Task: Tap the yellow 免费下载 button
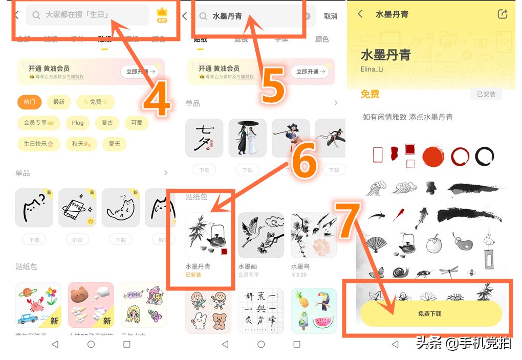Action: pyautogui.click(x=430, y=313)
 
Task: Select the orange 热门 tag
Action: pyautogui.click(x=29, y=102)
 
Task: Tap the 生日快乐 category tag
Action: pyautogui.click(x=38, y=144)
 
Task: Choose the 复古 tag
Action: pyautogui.click(x=107, y=123)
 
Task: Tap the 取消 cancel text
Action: pyautogui.click(x=331, y=16)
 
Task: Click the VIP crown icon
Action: pyautogui.click(x=162, y=15)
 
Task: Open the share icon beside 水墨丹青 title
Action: pyautogui.click(x=503, y=14)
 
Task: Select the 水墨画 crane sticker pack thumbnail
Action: pyautogui.click(x=261, y=235)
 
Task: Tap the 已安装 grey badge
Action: pyautogui.click(x=486, y=94)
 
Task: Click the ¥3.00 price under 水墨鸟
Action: pyautogui.click(x=299, y=275)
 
